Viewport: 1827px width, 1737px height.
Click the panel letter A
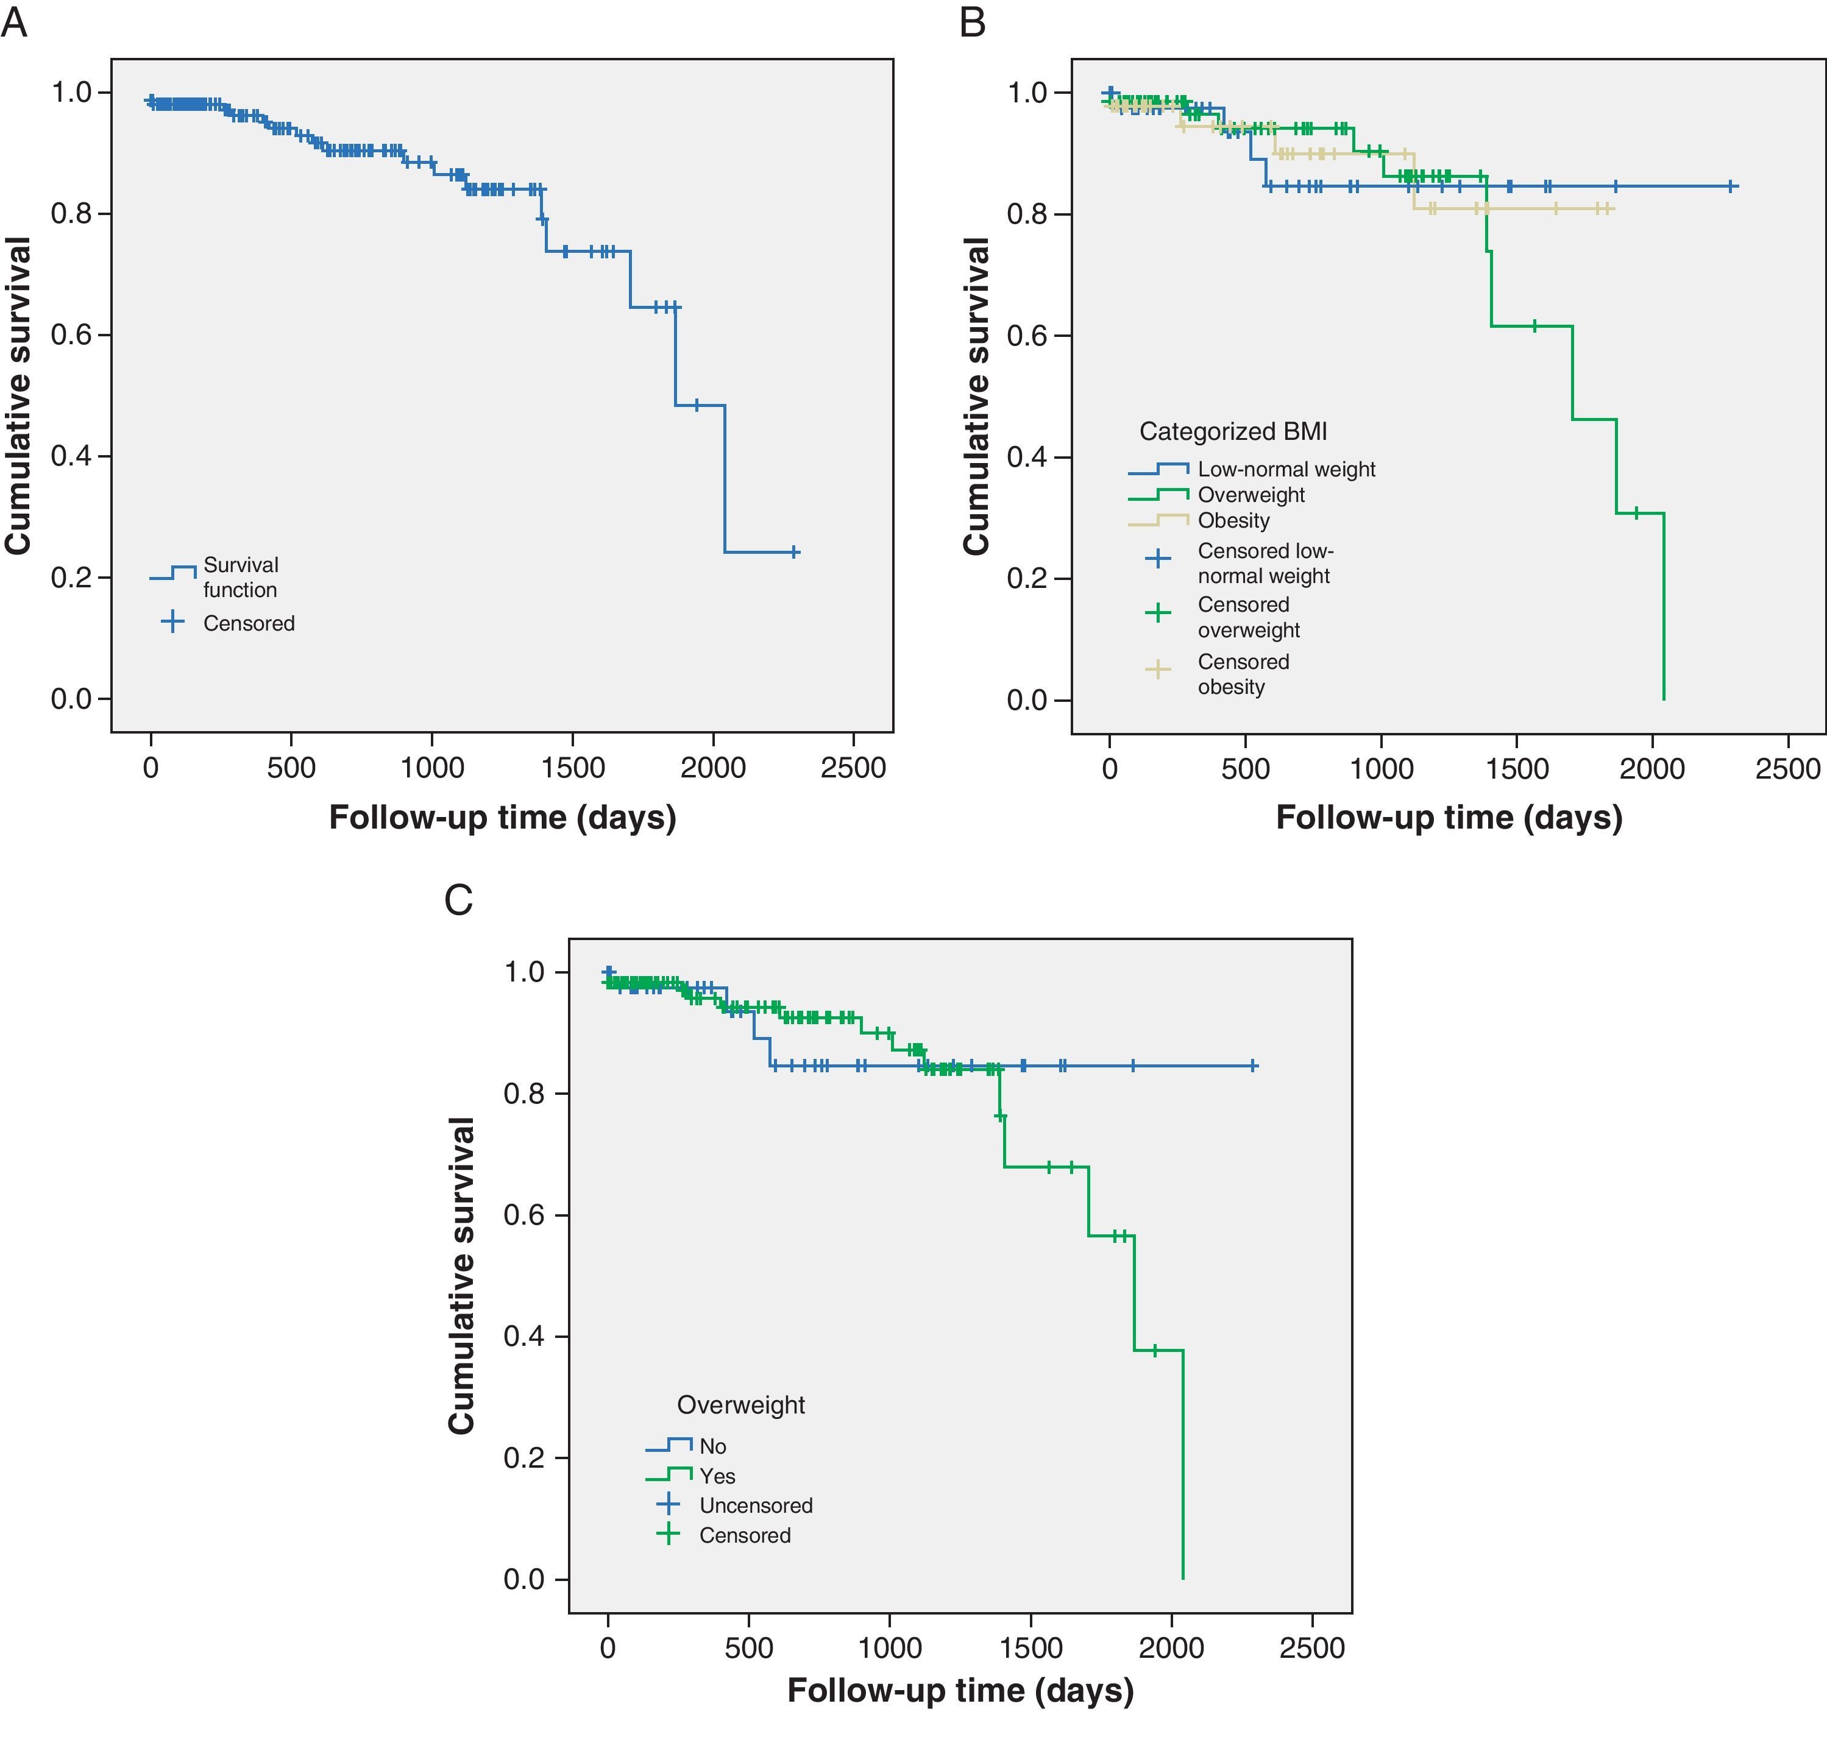tap(15, 22)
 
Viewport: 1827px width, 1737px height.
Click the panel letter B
tap(972, 22)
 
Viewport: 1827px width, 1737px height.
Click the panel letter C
tap(458, 899)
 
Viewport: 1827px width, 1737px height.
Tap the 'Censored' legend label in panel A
tap(248, 623)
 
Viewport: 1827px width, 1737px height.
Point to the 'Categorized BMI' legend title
tap(1232, 431)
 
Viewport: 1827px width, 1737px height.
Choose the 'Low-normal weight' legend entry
tap(1285, 469)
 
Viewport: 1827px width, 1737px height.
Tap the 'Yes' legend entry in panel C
tap(717, 1476)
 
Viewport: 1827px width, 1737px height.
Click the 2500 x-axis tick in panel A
tap(853, 768)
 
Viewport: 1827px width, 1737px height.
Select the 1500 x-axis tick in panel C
tap(1030, 1647)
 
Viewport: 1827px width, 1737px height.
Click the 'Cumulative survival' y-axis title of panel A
tap(18, 395)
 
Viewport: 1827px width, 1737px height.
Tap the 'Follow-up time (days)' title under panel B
tap(1449, 818)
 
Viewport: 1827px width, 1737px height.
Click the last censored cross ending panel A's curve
tap(793, 552)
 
